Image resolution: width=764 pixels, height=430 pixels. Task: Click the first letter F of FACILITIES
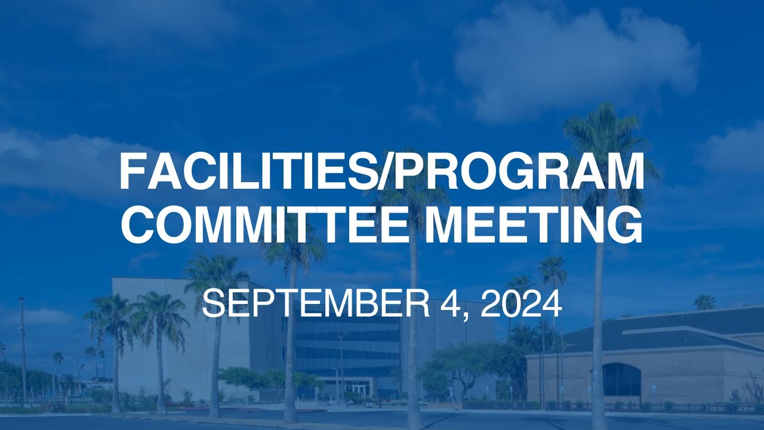tap(132, 171)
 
